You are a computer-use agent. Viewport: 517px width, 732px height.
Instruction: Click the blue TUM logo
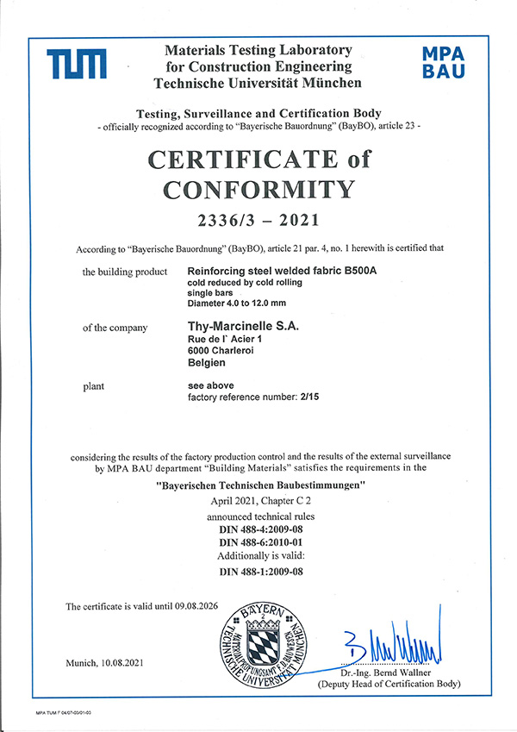coord(77,65)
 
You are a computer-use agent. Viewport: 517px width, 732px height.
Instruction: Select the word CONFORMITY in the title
coord(258,189)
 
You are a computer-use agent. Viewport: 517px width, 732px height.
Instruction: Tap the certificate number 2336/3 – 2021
coord(258,220)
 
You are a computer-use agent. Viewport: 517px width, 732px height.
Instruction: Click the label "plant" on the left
coord(94,385)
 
